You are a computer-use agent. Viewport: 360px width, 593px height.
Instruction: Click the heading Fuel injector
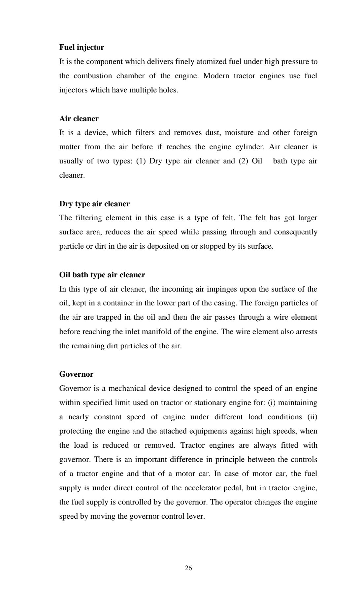point(82,47)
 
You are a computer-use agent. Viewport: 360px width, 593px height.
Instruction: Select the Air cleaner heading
point(79,119)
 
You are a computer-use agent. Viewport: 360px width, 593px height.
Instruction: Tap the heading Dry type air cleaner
point(94,204)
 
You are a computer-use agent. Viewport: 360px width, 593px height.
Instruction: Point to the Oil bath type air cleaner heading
point(102,275)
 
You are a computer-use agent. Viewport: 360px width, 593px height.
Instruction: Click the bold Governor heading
point(76,374)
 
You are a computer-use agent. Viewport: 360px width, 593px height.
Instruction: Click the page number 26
point(188,568)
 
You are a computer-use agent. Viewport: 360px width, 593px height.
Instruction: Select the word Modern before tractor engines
point(216,76)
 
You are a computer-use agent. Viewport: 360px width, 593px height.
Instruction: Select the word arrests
point(306,331)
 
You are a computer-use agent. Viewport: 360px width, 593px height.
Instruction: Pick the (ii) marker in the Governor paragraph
point(312,417)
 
